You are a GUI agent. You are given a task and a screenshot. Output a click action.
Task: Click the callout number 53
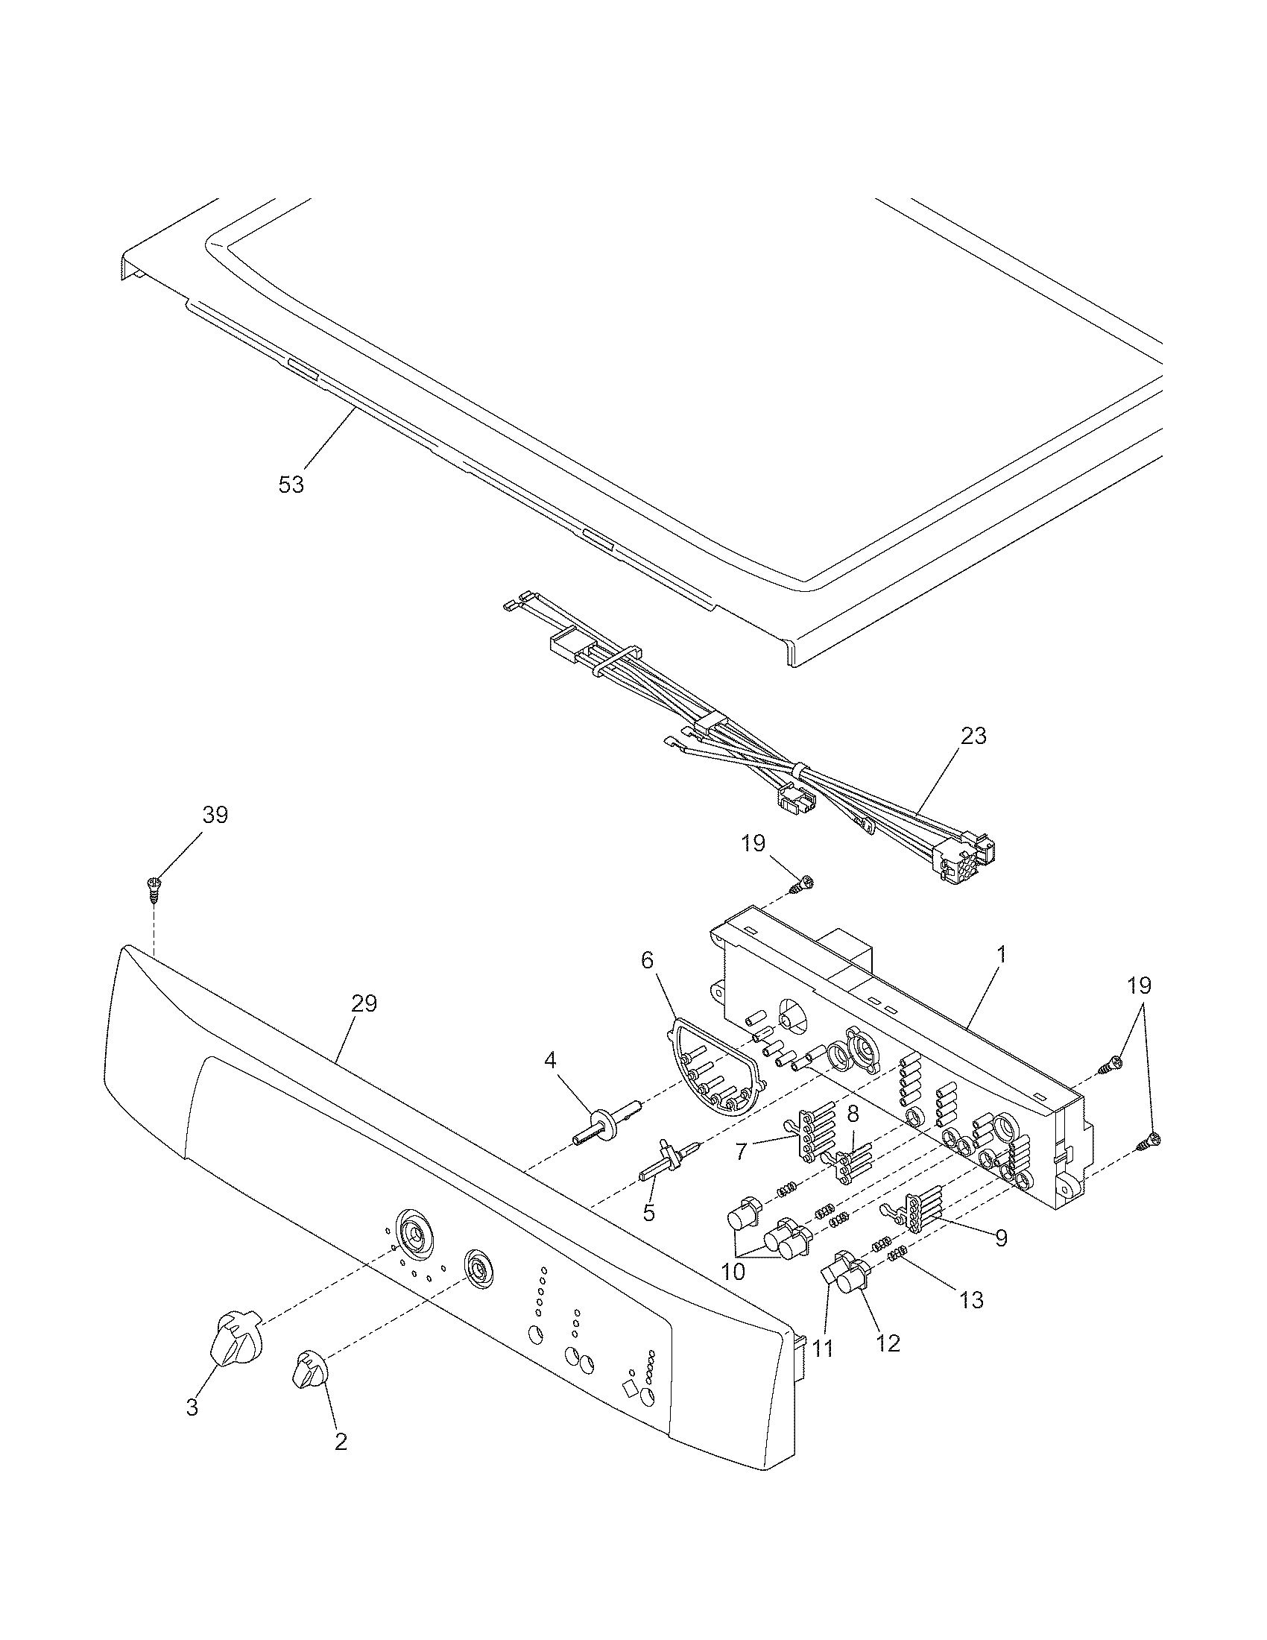[x=291, y=485]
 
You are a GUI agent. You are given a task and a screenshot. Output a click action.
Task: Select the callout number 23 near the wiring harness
[x=973, y=736]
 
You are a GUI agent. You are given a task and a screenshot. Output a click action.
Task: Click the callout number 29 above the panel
[x=364, y=1003]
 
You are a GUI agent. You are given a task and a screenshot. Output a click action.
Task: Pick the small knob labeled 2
[x=308, y=1369]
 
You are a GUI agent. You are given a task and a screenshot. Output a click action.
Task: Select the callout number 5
[x=648, y=1211]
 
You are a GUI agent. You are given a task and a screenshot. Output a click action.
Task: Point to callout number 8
[x=853, y=1115]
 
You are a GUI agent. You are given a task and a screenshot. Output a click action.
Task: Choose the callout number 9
[x=1001, y=1238]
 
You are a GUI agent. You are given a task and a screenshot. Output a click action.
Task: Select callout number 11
[x=823, y=1349]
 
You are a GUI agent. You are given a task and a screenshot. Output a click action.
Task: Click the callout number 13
[x=971, y=1300]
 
